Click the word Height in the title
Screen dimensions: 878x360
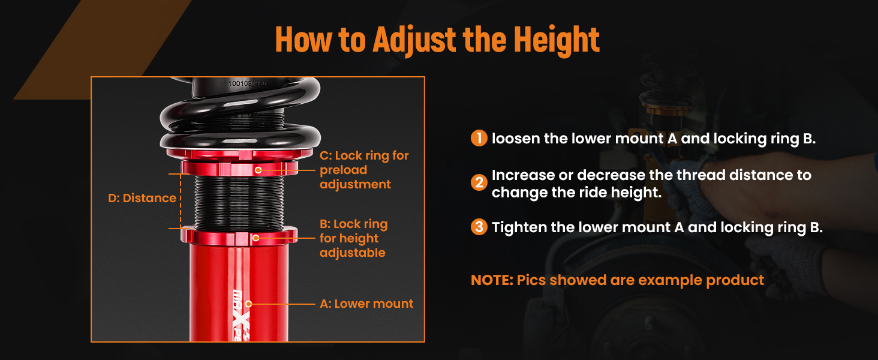pyautogui.click(x=556, y=40)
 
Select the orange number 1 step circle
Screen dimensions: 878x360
pyautogui.click(x=479, y=138)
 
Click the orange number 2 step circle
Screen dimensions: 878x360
pyautogui.click(x=479, y=183)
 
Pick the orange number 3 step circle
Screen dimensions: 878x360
pyautogui.click(x=479, y=227)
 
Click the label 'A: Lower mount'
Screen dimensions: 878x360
pyautogui.click(x=366, y=304)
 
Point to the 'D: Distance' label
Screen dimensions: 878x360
pyautogui.click(x=142, y=198)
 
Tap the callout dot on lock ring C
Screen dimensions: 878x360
pyautogui.click(x=258, y=170)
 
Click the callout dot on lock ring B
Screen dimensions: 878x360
pyautogui.click(x=255, y=238)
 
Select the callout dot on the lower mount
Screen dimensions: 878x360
pyautogui.click(x=248, y=304)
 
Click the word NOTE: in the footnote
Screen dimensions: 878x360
pyautogui.click(x=492, y=280)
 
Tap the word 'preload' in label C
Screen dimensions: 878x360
pyautogui.click(x=344, y=170)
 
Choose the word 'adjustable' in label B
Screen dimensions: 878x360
pyautogui.click(x=353, y=253)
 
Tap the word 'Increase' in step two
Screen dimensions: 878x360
pyautogui.click(x=523, y=175)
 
